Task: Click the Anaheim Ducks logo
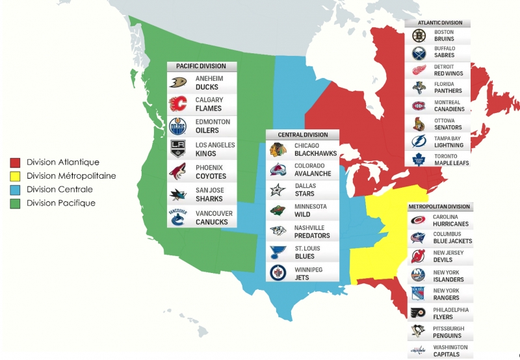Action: coord(178,83)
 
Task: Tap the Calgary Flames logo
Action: coord(178,104)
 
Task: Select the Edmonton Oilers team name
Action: coord(213,126)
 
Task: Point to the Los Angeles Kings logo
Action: coord(178,148)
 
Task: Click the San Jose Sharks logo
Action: coord(178,194)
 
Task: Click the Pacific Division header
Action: coord(201,66)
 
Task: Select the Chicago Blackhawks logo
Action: coord(278,149)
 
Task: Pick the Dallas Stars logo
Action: coord(278,190)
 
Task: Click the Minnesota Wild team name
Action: coord(311,210)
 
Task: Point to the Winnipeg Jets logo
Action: coord(278,273)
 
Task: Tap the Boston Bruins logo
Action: coord(418,35)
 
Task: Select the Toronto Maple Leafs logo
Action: coord(418,159)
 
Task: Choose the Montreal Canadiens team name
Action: coord(449,106)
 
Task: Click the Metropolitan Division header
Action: coord(439,207)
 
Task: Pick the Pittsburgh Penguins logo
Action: coord(417,332)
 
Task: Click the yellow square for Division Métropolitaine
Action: coord(15,176)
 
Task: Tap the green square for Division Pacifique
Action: coord(15,203)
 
